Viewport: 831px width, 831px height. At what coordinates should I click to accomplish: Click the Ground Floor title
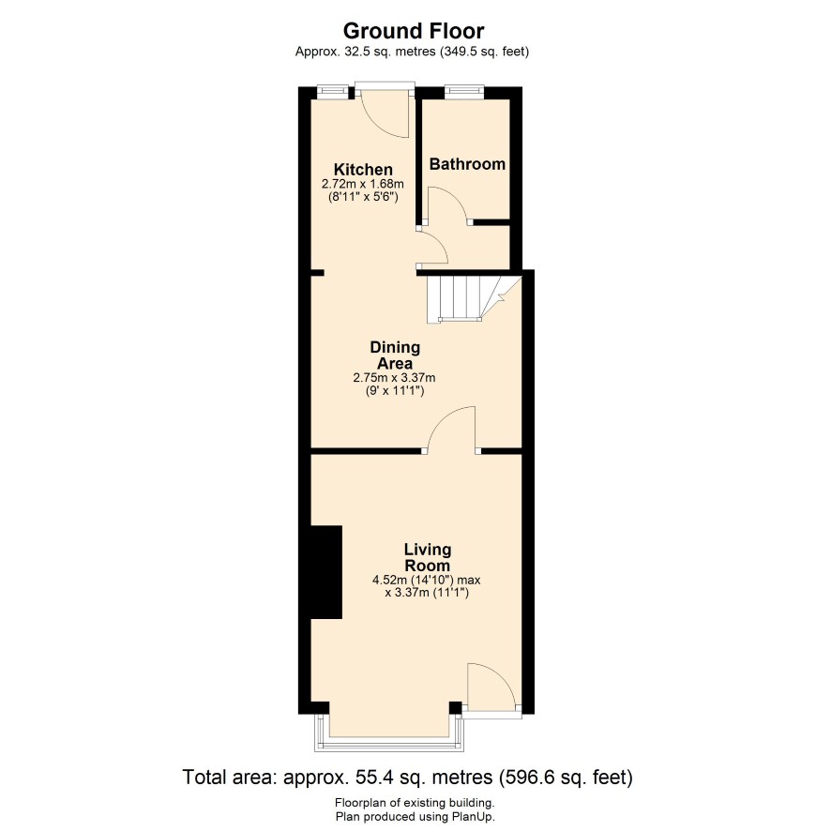click(414, 31)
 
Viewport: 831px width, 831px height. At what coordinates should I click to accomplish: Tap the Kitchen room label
click(363, 170)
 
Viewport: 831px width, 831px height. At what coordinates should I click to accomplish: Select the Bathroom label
click(467, 164)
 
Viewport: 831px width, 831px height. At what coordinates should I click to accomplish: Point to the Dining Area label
click(395, 355)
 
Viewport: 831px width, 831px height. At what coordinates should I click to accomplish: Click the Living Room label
click(428, 557)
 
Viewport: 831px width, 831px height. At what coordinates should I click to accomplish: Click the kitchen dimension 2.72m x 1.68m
click(362, 185)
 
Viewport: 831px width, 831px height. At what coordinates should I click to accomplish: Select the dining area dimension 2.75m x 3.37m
click(394, 378)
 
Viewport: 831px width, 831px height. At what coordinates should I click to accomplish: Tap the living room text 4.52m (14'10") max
click(427, 580)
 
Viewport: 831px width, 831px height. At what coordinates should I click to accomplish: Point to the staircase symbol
click(466, 298)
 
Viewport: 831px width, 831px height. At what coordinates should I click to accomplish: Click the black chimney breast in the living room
click(326, 572)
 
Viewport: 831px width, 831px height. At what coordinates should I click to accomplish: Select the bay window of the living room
click(389, 732)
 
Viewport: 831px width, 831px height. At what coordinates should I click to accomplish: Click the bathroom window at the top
click(463, 92)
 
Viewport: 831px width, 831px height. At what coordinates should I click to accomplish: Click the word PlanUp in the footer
click(473, 817)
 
